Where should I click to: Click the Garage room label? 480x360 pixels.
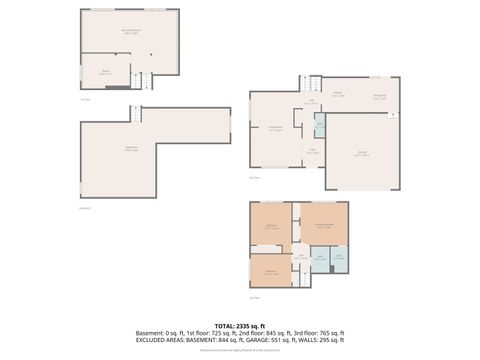point(363,153)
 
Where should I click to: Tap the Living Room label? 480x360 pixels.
point(276,128)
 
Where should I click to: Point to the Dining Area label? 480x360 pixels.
point(380,97)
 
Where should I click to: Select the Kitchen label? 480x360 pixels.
point(339,93)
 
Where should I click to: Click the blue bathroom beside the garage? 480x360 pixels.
point(320,124)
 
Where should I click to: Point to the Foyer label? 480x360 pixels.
point(311,150)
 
